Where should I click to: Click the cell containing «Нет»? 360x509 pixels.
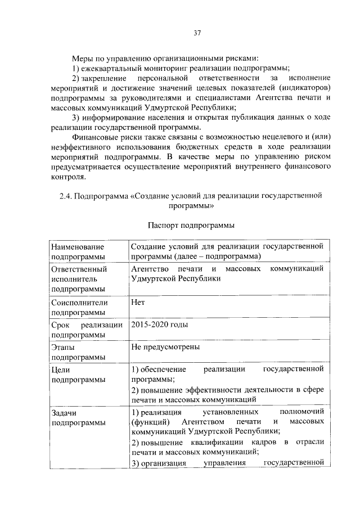[x=138, y=301]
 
